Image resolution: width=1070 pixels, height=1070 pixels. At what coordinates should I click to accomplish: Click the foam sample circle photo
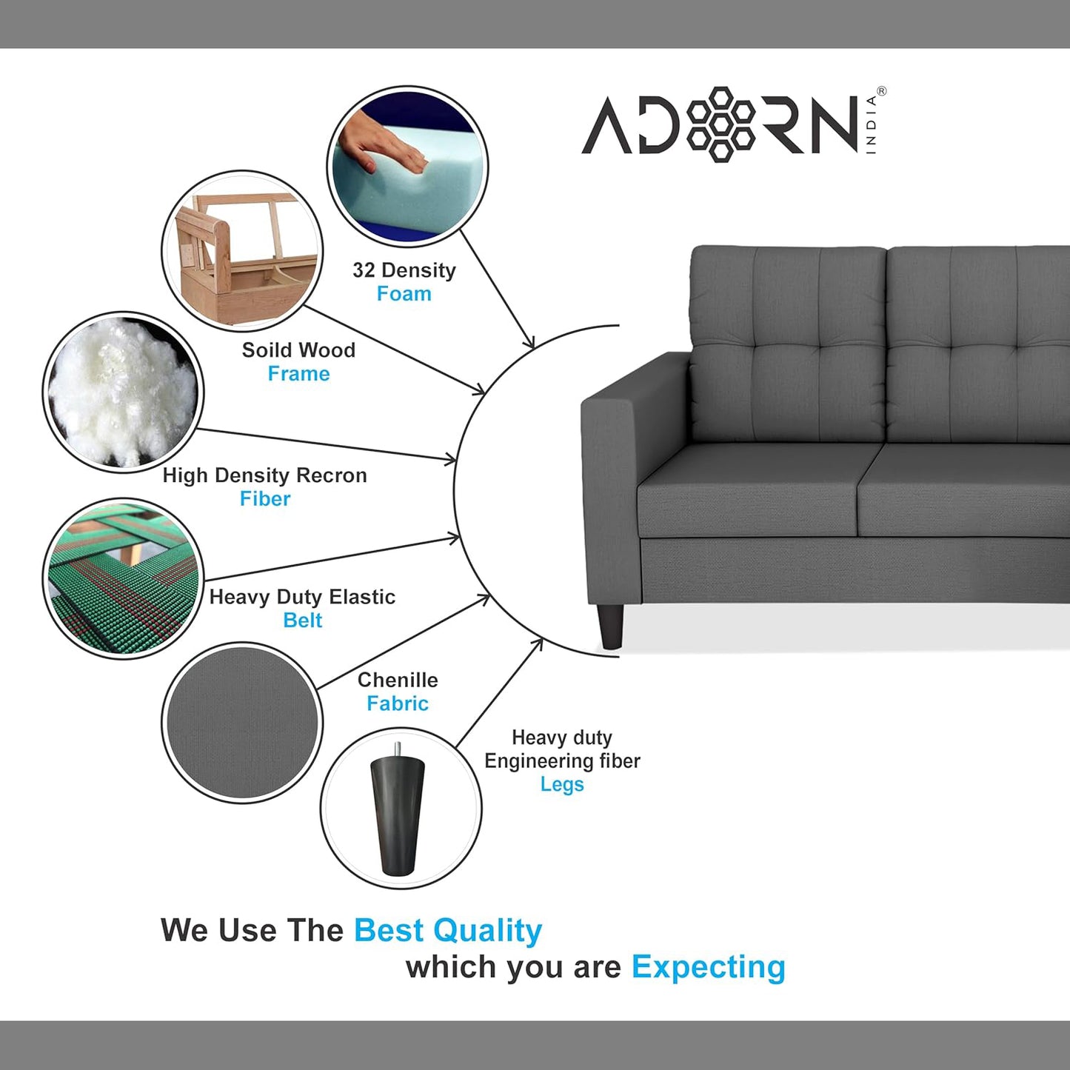(x=407, y=167)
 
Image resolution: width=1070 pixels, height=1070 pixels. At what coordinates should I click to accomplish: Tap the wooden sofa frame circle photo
(x=242, y=251)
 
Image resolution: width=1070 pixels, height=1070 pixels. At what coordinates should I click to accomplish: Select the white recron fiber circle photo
(x=123, y=392)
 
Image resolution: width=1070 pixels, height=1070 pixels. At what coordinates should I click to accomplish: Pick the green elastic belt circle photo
(x=123, y=578)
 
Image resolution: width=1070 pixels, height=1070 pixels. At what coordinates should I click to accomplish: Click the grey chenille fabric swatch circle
(x=242, y=722)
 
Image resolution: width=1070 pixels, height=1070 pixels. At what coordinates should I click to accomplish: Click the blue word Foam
(x=404, y=294)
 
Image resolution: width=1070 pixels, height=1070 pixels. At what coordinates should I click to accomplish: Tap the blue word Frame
(x=298, y=374)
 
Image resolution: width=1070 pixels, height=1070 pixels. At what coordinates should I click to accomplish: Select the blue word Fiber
(x=264, y=499)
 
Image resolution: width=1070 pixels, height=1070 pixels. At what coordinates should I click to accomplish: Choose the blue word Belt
(x=302, y=621)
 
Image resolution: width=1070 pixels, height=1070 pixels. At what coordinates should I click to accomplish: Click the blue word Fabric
(x=398, y=703)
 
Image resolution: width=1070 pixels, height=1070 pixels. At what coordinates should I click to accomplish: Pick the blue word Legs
(x=562, y=784)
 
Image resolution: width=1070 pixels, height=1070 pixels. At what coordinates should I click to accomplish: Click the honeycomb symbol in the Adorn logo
(x=721, y=124)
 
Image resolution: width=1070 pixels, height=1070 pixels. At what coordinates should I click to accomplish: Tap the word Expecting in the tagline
(x=708, y=967)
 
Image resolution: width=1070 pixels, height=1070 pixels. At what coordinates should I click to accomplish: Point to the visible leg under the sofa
(x=611, y=626)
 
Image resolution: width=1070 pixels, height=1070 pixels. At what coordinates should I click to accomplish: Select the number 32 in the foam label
(x=364, y=270)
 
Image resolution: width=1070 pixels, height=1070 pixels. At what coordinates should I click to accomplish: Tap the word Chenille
(x=398, y=680)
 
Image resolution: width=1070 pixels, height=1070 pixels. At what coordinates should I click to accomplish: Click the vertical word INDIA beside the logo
(x=871, y=124)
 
